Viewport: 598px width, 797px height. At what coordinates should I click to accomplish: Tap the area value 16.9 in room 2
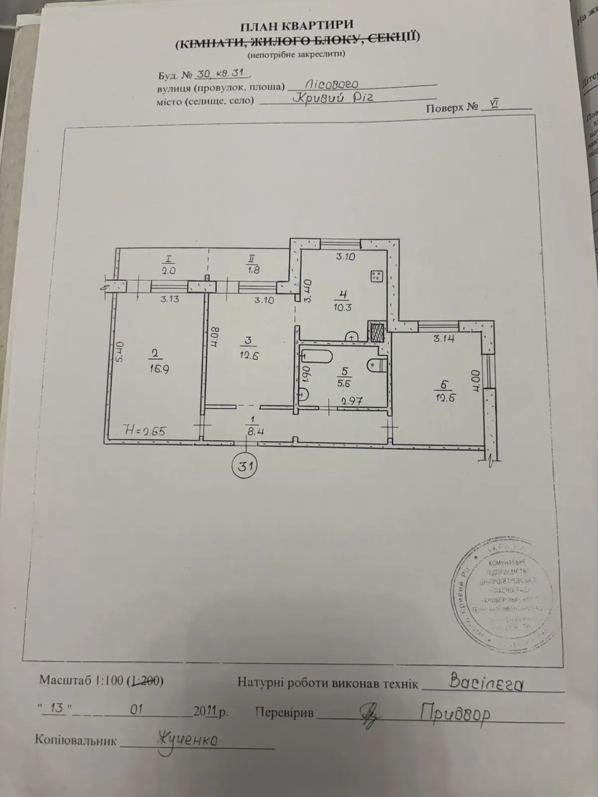point(157,369)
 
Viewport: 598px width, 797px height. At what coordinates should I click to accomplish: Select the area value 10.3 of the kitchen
point(343,307)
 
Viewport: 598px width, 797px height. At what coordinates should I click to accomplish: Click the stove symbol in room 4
point(377,275)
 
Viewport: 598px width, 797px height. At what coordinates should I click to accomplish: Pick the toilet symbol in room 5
point(375,366)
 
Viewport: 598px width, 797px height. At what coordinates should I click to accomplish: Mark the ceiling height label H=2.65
point(145,431)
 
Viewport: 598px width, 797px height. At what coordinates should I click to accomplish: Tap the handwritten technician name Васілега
point(486,683)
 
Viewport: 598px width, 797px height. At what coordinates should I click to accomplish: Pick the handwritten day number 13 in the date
point(57,708)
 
